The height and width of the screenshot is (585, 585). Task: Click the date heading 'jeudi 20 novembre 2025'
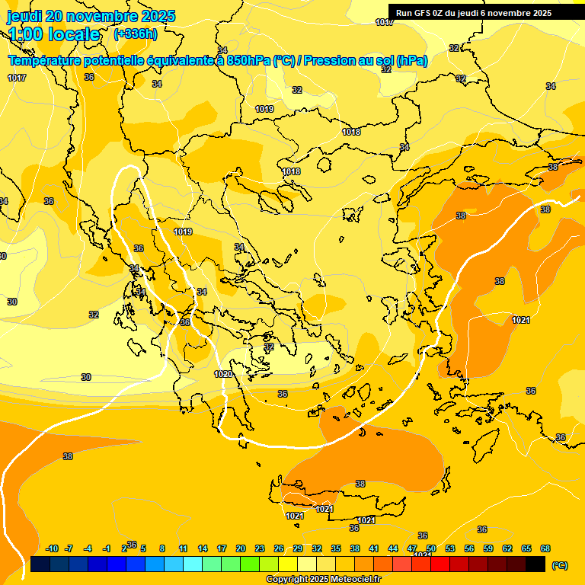click(x=91, y=16)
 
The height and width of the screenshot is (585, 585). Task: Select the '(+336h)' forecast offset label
click(x=136, y=34)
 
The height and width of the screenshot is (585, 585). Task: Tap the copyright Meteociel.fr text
click(x=324, y=580)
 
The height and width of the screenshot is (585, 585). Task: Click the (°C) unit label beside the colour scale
click(x=560, y=564)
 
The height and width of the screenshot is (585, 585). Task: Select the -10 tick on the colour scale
click(x=52, y=549)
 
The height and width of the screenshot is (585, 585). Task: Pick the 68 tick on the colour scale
click(x=545, y=549)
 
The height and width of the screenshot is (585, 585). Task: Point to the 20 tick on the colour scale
click(x=241, y=549)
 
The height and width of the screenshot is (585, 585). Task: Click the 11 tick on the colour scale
click(x=184, y=549)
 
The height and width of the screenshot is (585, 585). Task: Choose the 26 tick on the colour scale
click(x=279, y=549)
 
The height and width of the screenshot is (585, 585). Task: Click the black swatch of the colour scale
click(x=535, y=564)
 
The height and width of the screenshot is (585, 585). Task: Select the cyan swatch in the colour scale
click(x=193, y=564)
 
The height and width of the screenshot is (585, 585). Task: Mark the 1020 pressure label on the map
click(x=223, y=374)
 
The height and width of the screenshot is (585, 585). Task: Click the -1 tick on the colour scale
click(x=107, y=549)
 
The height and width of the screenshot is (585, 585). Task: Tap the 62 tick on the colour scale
click(x=507, y=549)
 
